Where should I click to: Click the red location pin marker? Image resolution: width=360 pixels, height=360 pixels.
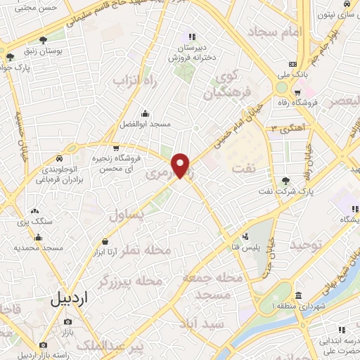click(x=181, y=165)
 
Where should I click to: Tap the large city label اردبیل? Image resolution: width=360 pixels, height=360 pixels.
click(x=71, y=298)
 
